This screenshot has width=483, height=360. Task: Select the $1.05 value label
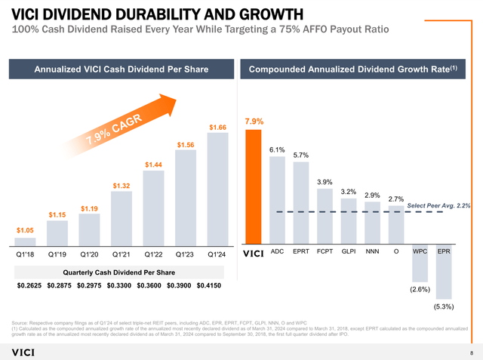(x=24, y=229)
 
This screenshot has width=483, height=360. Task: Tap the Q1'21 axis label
(x=121, y=254)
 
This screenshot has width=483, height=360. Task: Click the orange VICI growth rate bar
(x=253, y=187)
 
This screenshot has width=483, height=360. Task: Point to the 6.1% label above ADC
(x=276, y=149)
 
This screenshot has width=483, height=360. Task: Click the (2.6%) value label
(x=420, y=289)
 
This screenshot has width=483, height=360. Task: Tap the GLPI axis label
(x=348, y=252)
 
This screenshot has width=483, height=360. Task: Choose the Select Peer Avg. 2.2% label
(x=438, y=205)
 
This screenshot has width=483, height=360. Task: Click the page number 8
(x=472, y=352)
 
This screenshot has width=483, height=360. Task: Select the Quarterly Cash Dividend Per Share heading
(x=118, y=271)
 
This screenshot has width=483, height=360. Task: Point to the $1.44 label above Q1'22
(x=153, y=164)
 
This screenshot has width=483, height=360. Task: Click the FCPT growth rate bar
(x=325, y=217)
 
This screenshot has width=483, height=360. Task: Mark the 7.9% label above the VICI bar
(x=254, y=122)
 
